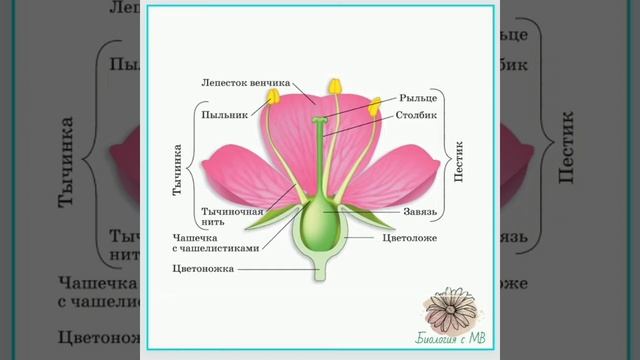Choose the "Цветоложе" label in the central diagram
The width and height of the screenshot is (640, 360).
(x=409, y=239)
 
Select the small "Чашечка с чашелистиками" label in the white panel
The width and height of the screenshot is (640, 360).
(x=215, y=242)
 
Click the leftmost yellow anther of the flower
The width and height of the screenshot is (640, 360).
(x=271, y=96)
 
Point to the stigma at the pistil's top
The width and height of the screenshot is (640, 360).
(x=319, y=121)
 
